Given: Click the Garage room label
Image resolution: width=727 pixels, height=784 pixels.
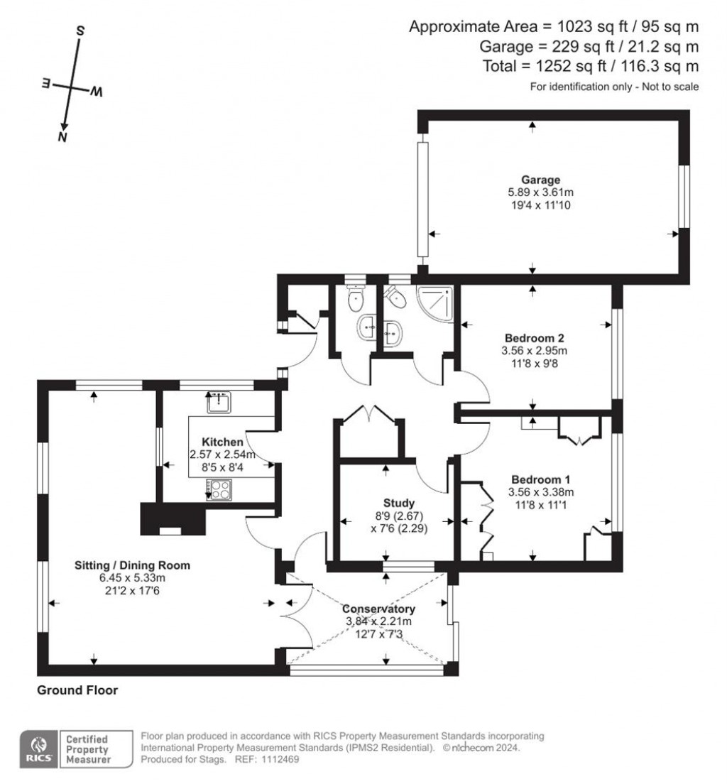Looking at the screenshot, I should [544, 180].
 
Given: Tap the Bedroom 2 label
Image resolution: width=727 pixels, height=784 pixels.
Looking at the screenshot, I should [535, 337].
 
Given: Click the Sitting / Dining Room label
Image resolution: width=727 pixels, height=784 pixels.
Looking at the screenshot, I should [133, 565].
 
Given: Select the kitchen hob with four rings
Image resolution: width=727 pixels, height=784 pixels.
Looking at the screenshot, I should [219, 489].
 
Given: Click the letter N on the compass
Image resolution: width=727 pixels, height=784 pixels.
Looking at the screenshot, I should [63, 137].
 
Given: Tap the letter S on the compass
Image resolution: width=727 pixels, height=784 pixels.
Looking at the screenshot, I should [80, 31].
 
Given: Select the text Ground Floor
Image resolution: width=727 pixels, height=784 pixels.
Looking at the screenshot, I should [77, 690].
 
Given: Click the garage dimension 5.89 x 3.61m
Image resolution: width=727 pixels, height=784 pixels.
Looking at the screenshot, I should [544, 192].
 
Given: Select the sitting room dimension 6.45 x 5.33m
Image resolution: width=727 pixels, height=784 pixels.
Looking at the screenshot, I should [133, 578].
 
